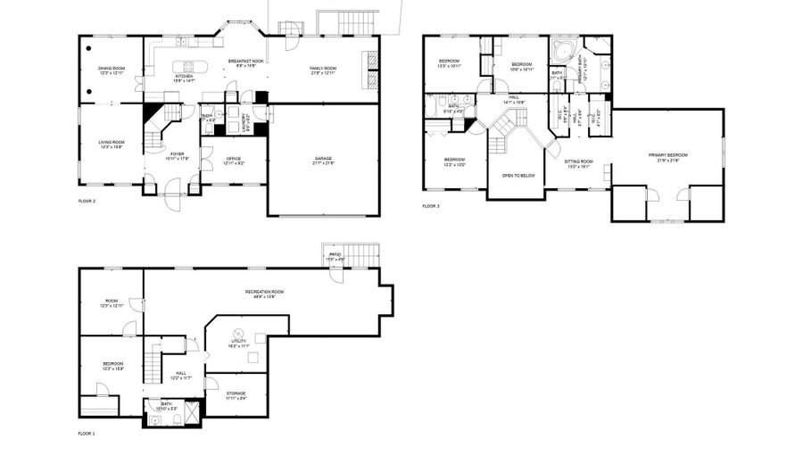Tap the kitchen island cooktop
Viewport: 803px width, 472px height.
coord(187,65)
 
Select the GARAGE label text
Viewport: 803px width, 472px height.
coord(323,161)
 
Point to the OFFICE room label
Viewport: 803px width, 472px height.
coord(233,161)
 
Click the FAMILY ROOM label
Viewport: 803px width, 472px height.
coord(323,70)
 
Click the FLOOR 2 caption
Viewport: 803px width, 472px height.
coord(87,202)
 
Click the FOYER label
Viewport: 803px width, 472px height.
coord(178,155)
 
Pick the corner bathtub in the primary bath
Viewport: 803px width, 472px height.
coord(563,49)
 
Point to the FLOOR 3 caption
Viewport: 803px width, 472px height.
coord(431,206)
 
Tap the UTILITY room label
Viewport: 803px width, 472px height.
coord(238,342)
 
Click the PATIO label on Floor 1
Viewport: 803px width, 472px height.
coord(335,257)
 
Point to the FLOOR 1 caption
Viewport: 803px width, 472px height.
coord(87,433)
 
